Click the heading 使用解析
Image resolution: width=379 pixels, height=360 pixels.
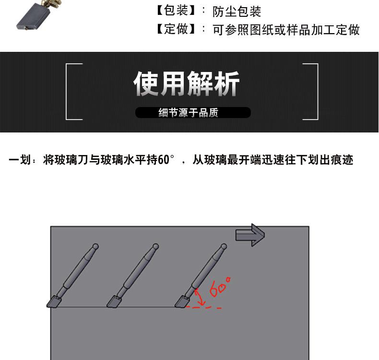pyautogui.click(x=187, y=84)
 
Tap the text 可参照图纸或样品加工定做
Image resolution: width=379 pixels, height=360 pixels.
pyautogui.click(x=286, y=30)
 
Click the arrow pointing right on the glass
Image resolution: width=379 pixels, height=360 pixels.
pyautogui.click(x=250, y=235)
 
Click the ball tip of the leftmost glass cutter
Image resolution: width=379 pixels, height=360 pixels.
pyautogui.click(x=95, y=247)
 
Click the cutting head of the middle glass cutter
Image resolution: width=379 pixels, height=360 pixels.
pyautogui.click(x=114, y=302)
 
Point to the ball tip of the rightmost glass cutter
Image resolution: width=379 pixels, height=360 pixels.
pyautogui.click(x=223, y=247)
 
